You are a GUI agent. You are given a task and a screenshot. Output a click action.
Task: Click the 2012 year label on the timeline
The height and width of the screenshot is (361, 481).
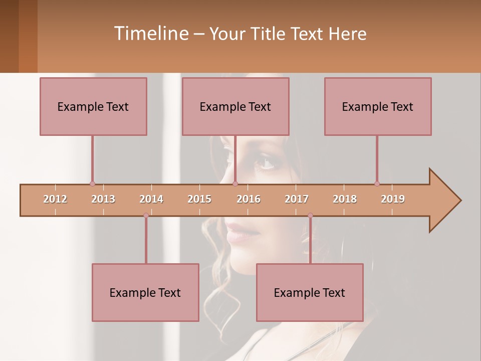(x=55, y=199)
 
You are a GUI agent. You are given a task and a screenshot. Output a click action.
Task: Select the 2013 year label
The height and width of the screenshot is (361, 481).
(x=103, y=199)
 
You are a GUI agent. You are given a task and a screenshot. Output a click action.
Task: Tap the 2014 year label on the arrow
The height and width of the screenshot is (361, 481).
(x=151, y=199)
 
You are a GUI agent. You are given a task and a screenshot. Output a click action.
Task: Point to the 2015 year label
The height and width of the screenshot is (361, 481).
(x=199, y=199)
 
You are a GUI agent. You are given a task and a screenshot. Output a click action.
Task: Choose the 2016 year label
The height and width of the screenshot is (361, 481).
(x=249, y=199)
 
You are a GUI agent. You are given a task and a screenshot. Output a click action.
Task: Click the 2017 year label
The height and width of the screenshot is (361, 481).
(x=297, y=199)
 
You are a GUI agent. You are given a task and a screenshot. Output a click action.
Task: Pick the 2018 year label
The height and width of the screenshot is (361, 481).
(x=345, y=199)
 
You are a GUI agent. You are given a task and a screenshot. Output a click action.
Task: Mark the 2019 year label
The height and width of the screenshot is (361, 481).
(x=393, y=199)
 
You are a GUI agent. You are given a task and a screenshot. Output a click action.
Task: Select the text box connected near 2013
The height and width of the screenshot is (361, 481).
(x=93, y=106)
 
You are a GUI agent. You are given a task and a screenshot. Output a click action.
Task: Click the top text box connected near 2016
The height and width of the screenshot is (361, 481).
(x=235, y=106)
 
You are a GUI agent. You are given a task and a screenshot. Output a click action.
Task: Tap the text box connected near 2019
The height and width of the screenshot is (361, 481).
(x=378, y=106)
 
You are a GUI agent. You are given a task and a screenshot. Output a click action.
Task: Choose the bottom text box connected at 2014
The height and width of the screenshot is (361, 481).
(x=145, y=292)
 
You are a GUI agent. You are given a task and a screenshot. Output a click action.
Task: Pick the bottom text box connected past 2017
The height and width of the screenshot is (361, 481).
(x=310, y=292)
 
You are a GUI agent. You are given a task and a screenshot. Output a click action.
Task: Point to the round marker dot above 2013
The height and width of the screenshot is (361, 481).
(x=92, y=184)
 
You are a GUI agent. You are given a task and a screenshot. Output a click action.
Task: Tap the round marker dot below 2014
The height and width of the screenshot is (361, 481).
(x=146, y=216)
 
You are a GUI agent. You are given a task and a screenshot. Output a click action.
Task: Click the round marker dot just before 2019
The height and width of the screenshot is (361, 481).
(x=377, y=184)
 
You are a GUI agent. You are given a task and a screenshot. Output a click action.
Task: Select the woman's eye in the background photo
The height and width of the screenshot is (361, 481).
(x=266, y=163)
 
